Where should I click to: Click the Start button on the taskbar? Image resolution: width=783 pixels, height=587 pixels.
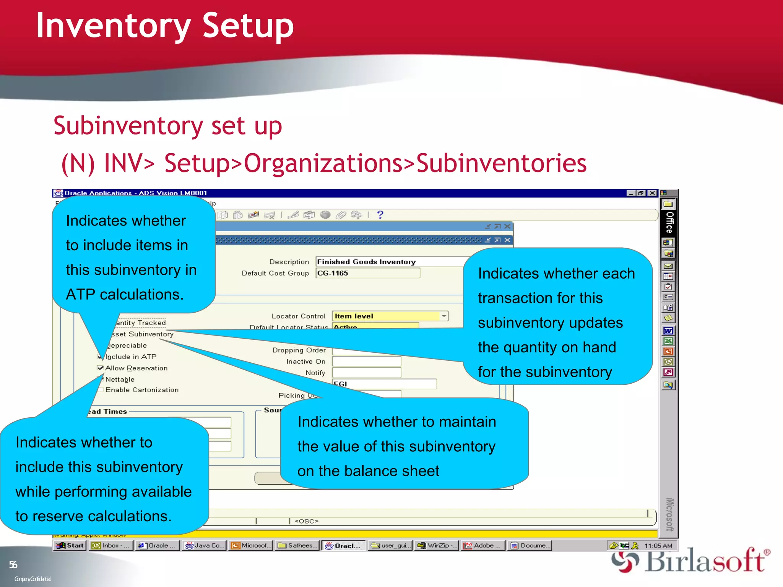(x=70, y=545)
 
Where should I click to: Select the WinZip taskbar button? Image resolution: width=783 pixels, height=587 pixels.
(x=437, y=545)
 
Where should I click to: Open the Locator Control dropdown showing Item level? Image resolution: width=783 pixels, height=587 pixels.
(x=443, y=316)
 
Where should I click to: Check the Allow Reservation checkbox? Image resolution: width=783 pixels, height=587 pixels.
(x=101, y=368)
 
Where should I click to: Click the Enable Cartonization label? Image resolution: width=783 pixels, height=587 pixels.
(x=142, y=390)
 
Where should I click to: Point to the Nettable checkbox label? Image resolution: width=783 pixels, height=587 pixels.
(x=120, y=379)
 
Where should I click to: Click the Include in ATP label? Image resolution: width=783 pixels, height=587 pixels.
(x=131, y=357)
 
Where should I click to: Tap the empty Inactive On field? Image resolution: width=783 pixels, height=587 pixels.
(x=366, y=362)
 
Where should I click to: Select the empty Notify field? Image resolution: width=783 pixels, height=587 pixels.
(x=366, y=373)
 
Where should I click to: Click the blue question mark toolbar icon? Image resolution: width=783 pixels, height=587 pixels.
(x=380, y=215)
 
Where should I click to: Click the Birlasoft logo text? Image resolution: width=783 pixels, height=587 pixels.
(x=705, y=561)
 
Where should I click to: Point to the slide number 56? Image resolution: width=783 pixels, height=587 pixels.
(x=13, y=565)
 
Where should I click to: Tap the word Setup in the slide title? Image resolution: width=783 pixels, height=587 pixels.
(x=248, y=26)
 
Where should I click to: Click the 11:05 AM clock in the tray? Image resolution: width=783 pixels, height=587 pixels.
(x=658, y=546)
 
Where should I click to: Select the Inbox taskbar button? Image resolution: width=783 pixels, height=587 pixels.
(x=111, y=545)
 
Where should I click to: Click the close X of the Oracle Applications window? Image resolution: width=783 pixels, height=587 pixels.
(x=652, y=193)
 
